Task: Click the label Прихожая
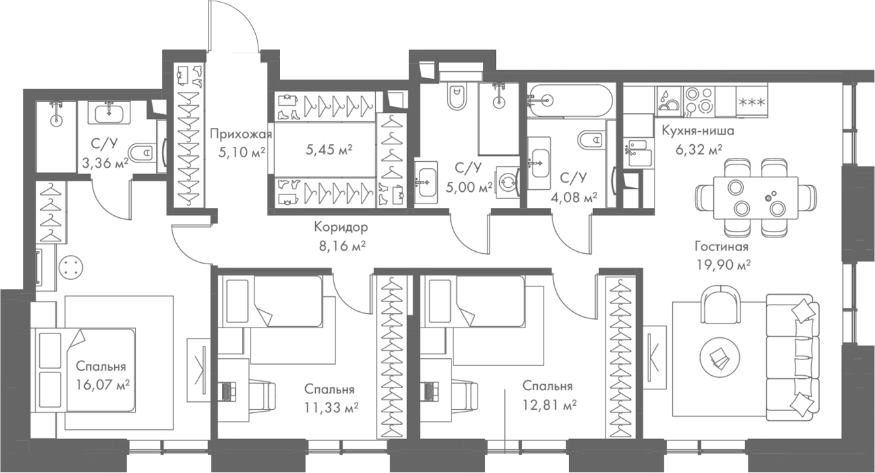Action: [x=240, y=135]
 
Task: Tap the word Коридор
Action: [x=340, y=228]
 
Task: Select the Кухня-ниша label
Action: [x=698, y=130]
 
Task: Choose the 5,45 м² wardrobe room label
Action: [x=328, y=150]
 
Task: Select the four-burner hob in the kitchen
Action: [x=699, y=100]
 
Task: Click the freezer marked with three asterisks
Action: [x=751, y=101]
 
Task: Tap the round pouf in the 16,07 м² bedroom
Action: [x=70, y=267]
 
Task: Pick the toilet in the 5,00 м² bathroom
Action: [x=456, y=97]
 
